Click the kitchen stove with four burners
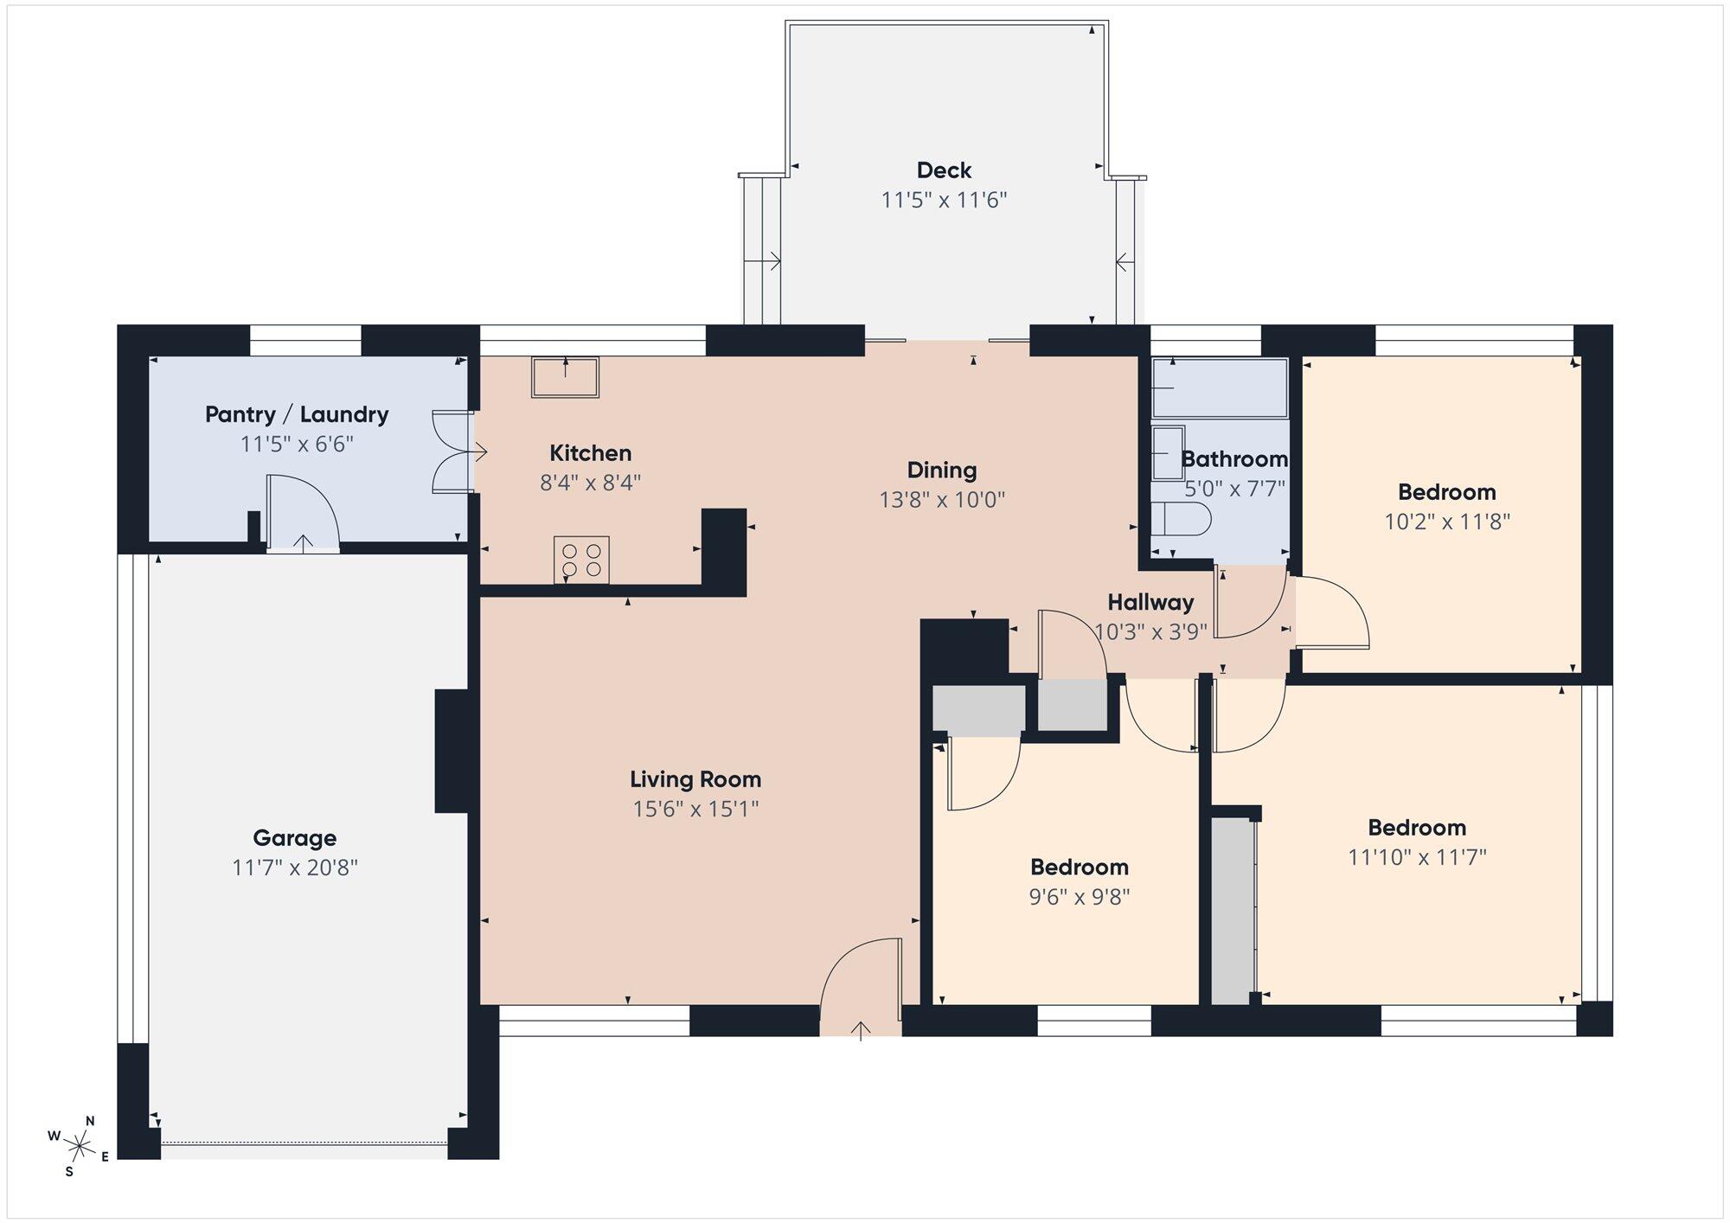tap(581, 560)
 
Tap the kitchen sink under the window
tap(565, 377)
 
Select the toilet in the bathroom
tap(1181, 519)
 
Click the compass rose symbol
tap(80, 1147)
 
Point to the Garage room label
tap(295, 837)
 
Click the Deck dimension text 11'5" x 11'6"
tap(945, 200)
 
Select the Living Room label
tap(695, 779)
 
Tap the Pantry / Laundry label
tap(297, 414)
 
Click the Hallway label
tap(1150, 602)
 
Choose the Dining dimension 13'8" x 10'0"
tap(942, 500)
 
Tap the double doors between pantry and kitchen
tap(452, 451)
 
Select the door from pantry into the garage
tap(302, 512)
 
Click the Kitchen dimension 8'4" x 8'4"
tap(591, 482)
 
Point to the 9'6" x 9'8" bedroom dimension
tap(1080, 896)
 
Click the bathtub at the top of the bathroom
tap(1220, 387)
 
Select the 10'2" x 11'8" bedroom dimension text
tap(1447, 522)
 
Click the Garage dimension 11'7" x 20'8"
tap(295, 868)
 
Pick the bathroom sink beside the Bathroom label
tap(1168, 452)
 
